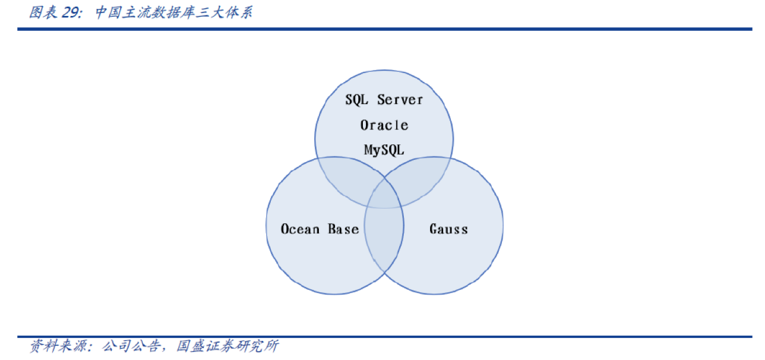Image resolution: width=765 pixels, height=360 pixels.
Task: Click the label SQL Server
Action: (384, 99)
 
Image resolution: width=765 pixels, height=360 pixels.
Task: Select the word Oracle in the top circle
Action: (384, 125)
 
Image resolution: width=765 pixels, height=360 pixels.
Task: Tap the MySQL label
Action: (384, 150)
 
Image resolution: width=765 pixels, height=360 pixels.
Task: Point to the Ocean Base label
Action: (320, 229)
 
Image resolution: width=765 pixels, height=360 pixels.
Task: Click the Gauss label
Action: (448, 229)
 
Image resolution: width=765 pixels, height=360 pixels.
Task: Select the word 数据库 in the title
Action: (159, 12)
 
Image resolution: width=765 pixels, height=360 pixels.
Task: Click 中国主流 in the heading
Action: (115, 12)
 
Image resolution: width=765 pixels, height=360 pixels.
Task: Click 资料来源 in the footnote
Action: (55, 346)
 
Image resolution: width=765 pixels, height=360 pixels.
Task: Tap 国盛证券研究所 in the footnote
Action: (228, 346)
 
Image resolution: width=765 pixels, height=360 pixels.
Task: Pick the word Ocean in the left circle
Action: (301, 229)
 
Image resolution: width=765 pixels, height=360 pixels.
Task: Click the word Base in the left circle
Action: (344, 229)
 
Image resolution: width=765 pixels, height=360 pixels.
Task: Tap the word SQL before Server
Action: (356, 99)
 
